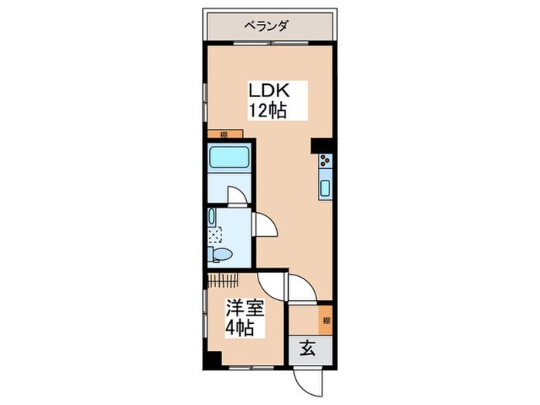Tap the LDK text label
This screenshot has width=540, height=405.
266,90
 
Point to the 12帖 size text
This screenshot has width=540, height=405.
266,110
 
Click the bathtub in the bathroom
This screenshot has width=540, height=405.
228,160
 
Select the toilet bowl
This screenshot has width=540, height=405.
220,252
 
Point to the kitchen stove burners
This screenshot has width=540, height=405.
325,162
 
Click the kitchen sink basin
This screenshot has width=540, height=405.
325,187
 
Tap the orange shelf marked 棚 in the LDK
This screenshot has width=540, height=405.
223,134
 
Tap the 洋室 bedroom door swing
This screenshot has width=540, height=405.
272,287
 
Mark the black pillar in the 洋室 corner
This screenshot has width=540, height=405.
213,359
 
